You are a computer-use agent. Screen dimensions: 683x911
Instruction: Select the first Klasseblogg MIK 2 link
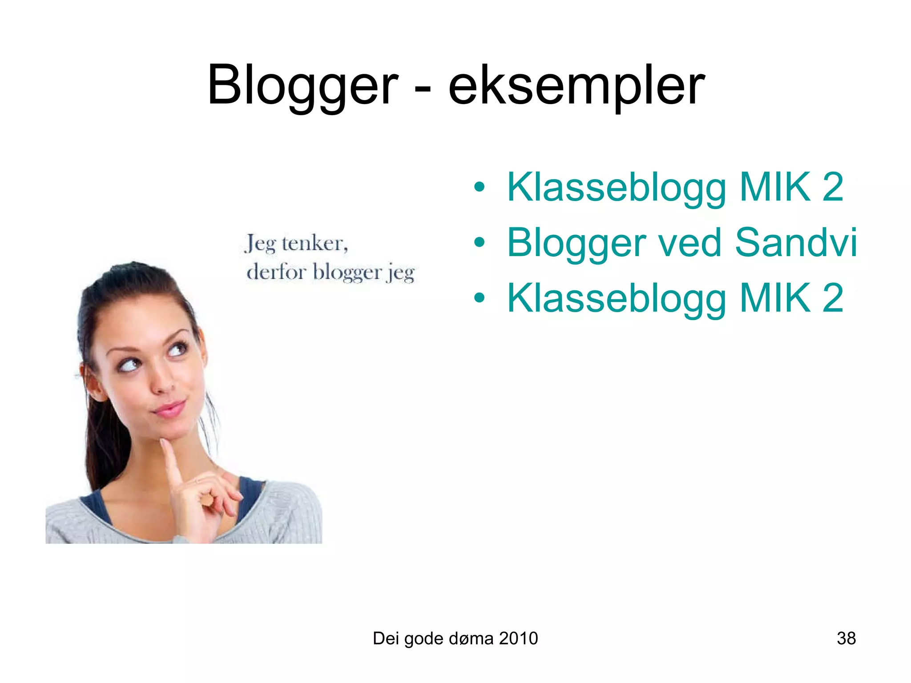pyautogui.click(x=675, y=187)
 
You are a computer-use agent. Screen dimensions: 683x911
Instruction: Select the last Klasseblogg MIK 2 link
pyautogui.click(x=675, y=298)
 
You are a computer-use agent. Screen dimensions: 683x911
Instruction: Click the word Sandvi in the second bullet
pyautogui.click(x=795, y=243)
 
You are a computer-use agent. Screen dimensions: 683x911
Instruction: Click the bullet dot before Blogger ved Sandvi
pyautogui.click(x=479, y=243)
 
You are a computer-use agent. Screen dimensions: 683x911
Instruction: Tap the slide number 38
pyautogui.click(x=846, y=639)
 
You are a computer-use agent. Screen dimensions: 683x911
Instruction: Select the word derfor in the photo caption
pyautogui.click(x=276, y=272)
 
